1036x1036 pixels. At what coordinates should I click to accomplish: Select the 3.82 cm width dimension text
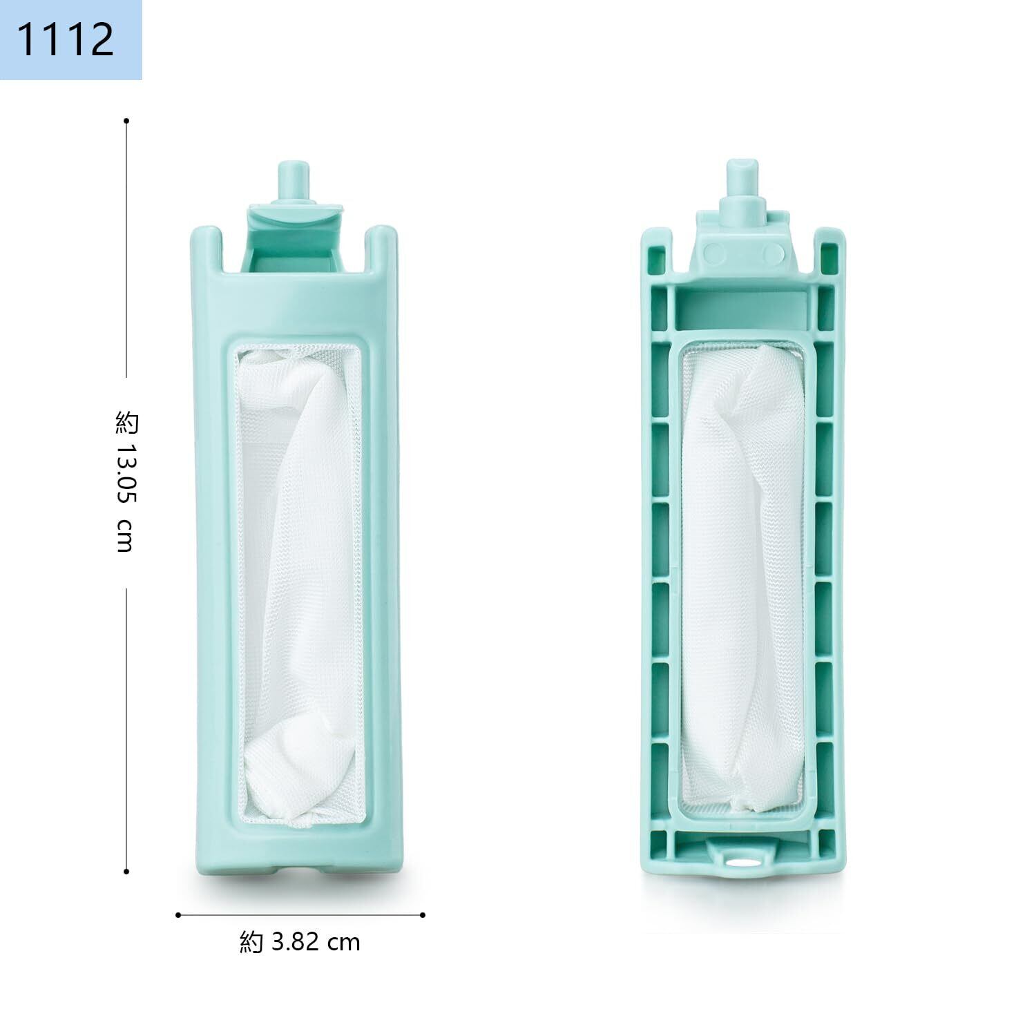click(316, 942)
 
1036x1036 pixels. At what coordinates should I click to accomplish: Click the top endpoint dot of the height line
click(126, 121)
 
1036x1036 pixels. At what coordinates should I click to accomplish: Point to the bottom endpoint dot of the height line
click(126, 872)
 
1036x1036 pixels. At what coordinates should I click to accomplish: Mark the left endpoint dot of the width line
click(178, 915)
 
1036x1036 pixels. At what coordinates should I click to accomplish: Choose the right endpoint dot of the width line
click(423, 915)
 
